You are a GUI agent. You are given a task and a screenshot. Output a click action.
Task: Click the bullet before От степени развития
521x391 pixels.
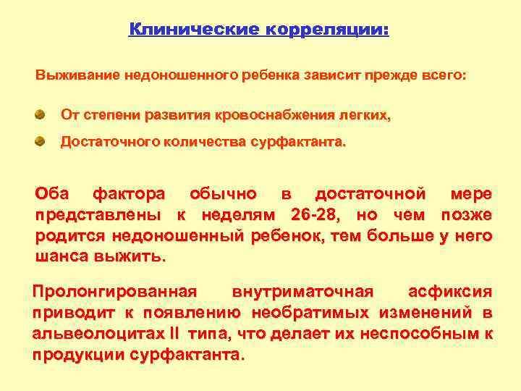tap(41, 114)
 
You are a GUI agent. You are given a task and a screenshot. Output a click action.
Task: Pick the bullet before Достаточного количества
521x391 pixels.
tap(41, 141)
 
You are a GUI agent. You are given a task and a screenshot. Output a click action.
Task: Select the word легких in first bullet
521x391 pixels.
tap(365, 114)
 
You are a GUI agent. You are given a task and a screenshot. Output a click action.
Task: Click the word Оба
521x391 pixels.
tap(52, 194)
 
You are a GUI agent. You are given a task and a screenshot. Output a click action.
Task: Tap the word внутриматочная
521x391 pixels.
tap(302, 292)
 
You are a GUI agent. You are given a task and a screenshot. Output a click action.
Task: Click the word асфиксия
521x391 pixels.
tap(450, 292)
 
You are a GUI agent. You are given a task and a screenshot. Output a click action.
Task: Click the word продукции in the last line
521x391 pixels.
tap(80, 356)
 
